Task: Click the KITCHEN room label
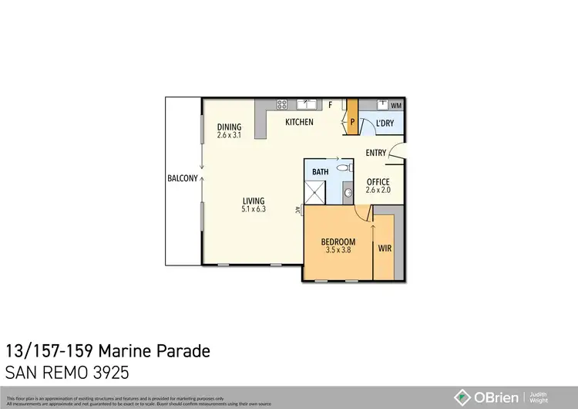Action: (x=299, y=122)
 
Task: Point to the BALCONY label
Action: (x=183, y=178)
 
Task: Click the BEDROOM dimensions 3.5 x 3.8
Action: (x=338, y=250)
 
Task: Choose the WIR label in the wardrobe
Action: (x=385, y=248)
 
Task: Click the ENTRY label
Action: (x=376, y=153)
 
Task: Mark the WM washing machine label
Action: (x=396, y=105)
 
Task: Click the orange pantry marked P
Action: (x=352, y=120)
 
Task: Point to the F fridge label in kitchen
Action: (x=330, y=104)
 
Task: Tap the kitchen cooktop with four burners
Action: (x=282, y=103)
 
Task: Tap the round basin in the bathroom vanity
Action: (x=347, y=192)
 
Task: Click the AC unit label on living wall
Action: (x=298, y=208)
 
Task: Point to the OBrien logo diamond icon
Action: (x=463, y=397)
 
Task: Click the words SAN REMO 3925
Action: (x=66, y=372)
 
